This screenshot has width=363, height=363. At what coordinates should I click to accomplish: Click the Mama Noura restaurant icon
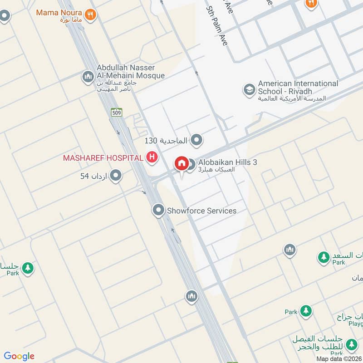pyautogui.click(x=91, y=14)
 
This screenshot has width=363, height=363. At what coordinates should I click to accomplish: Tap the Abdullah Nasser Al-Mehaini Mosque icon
pyautogui.click(x=88, y=77)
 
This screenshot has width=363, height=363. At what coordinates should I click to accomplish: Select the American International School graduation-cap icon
pyautogui.click(x=249, y=89)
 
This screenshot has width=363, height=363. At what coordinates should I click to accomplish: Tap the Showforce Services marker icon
pyautogui.click(x=158, y=210)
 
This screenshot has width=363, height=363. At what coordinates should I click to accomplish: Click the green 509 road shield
pyautogui.click(x=117, y=112)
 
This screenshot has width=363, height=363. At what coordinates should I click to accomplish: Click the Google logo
pyautogui.click(x=19, y=356)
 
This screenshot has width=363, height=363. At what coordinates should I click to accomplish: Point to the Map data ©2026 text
pyautogui.click(x=339, y=358)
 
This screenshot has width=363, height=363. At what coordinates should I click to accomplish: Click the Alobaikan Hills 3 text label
pyautogui.click(x=228, y=162)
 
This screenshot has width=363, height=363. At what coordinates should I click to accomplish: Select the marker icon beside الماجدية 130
pyautogui.click(x=196, y=140)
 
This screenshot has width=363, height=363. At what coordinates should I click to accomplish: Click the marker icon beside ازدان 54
pyautogui.click(x=116, y=175)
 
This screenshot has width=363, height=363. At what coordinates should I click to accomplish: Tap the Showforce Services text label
pyautogui.click(x=201, y=211)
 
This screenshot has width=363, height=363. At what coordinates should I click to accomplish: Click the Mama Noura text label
pyautogui.click(x=59, y=12)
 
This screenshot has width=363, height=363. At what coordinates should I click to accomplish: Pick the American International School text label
pyautogui.click(x=298, y=87)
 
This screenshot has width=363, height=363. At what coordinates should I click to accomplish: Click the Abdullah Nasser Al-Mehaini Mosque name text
pyautogui.click(x=131, y=72)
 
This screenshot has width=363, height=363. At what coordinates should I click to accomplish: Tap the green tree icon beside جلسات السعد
pyautogui.click(x=324, y=257)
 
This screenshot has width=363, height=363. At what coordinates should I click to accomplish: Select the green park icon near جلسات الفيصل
pyautogui.click(x=351, y=346)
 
